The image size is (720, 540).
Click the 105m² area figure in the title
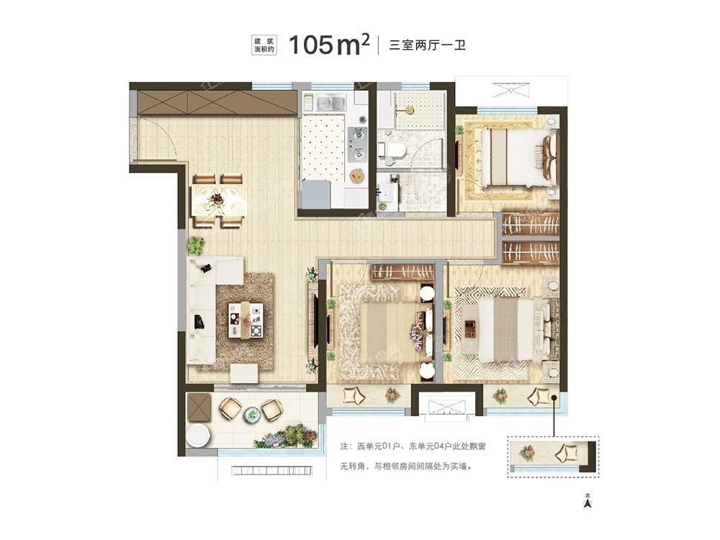coord(329,45)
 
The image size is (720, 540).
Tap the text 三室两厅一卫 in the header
coord(428,45)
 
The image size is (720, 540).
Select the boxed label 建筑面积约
coord(264,45)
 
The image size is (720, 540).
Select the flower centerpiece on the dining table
coord(216,199)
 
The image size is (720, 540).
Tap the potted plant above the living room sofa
coord(196,246)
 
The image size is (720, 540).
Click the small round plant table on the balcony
coord(251,415)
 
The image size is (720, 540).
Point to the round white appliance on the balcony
coord(199,435)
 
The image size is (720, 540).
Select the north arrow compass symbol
coord(588,501)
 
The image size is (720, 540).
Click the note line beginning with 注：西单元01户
coord(413,446)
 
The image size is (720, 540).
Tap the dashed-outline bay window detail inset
coord(553,456)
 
